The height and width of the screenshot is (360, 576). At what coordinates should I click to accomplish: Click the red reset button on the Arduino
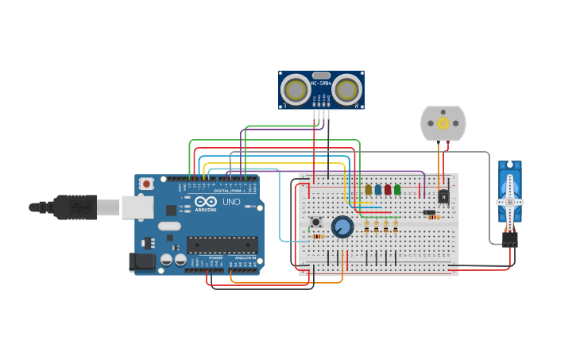tap(146, 184)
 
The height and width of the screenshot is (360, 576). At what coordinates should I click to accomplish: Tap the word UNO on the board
tap(230, 202)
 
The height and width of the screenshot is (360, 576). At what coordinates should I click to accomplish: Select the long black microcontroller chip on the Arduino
tap(222, 245)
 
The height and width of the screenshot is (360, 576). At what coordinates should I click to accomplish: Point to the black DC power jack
tap(142, 261)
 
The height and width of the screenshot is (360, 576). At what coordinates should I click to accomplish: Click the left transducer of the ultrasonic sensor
tap(296, 90)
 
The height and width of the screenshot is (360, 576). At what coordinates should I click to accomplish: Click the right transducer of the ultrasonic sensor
tap(347, 90)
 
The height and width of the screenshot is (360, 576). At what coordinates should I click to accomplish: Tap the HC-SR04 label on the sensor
tap(321, 83)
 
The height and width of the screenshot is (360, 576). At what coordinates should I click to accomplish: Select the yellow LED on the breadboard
tap(369, 189)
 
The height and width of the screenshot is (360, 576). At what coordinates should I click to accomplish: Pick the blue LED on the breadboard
tap(378, 189)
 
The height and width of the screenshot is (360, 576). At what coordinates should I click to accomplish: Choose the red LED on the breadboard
tap(388, 189)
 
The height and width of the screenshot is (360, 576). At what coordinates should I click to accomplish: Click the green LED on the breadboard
tap(397, 189)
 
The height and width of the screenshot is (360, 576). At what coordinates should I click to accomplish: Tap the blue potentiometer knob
tap(342, 226)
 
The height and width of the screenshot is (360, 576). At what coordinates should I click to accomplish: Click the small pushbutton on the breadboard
tap(315, 222)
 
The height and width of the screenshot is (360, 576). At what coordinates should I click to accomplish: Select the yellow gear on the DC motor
tap(443, 123)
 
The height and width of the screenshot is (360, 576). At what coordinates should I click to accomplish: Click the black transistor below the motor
tap(443, 195)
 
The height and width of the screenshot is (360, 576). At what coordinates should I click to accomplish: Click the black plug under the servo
tap(509, 238)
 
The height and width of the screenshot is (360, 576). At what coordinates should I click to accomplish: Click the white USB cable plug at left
tap(108, 207)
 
